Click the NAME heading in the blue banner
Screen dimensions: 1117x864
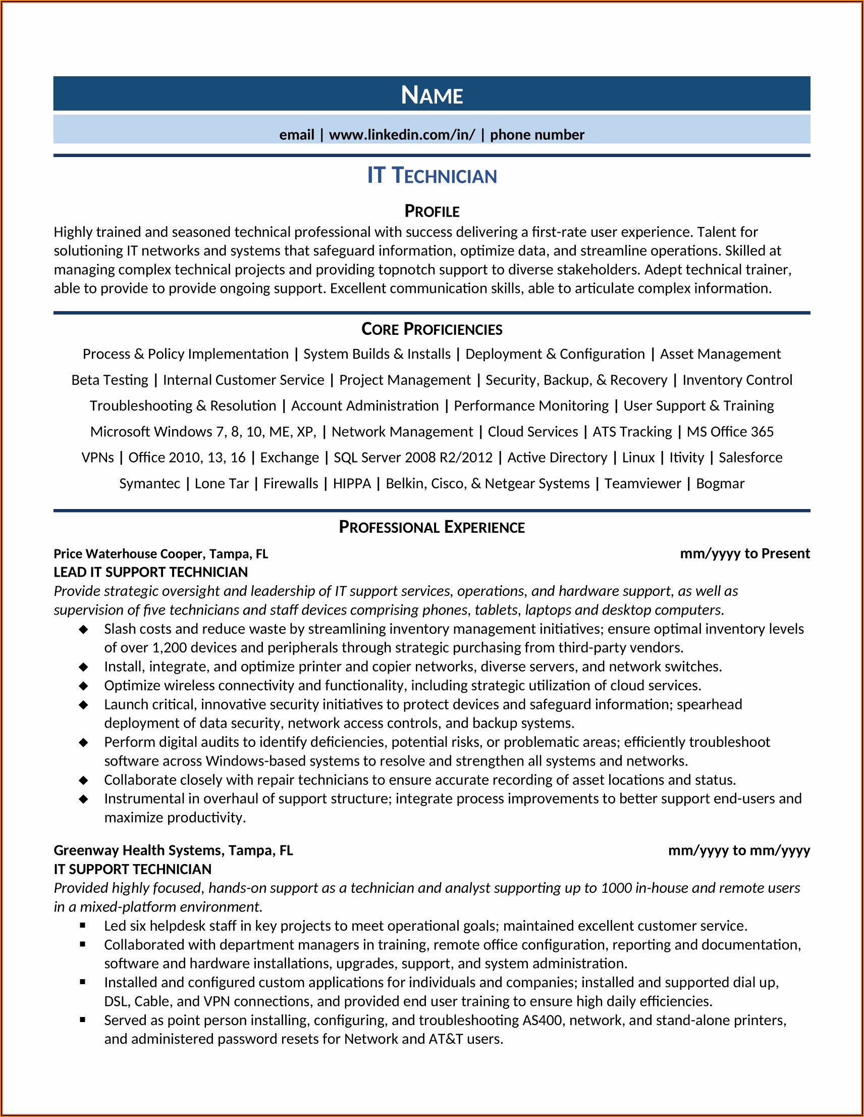coord(431,95)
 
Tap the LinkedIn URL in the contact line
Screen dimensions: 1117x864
coord(402,134)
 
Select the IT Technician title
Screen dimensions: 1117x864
coord(431,175)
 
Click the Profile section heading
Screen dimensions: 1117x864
coord(431,211)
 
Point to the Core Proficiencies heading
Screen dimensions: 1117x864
coord(431,329)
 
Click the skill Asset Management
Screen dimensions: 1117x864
coord(720,354)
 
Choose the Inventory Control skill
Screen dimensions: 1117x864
coord(737,380)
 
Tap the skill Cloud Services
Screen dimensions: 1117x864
coord(532,432)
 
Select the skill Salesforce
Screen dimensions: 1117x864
coord(750,457)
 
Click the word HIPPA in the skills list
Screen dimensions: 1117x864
coord(352,483)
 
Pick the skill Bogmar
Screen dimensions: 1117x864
coord(720,483)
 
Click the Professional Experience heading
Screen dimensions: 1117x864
coord(431,527)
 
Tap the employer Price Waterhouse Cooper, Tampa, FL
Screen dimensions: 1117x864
coord(160,554)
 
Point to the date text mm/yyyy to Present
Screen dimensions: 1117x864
coord(744,553)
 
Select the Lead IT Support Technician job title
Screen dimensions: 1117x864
coord(150,572)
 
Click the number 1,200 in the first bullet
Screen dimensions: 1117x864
coord(169,647)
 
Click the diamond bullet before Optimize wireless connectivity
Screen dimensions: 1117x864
coord(83,686)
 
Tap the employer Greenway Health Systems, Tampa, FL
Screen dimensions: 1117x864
coord(173,850)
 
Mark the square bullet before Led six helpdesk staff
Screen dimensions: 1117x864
coord(83,925)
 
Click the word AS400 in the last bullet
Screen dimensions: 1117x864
coord(542,1021)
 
